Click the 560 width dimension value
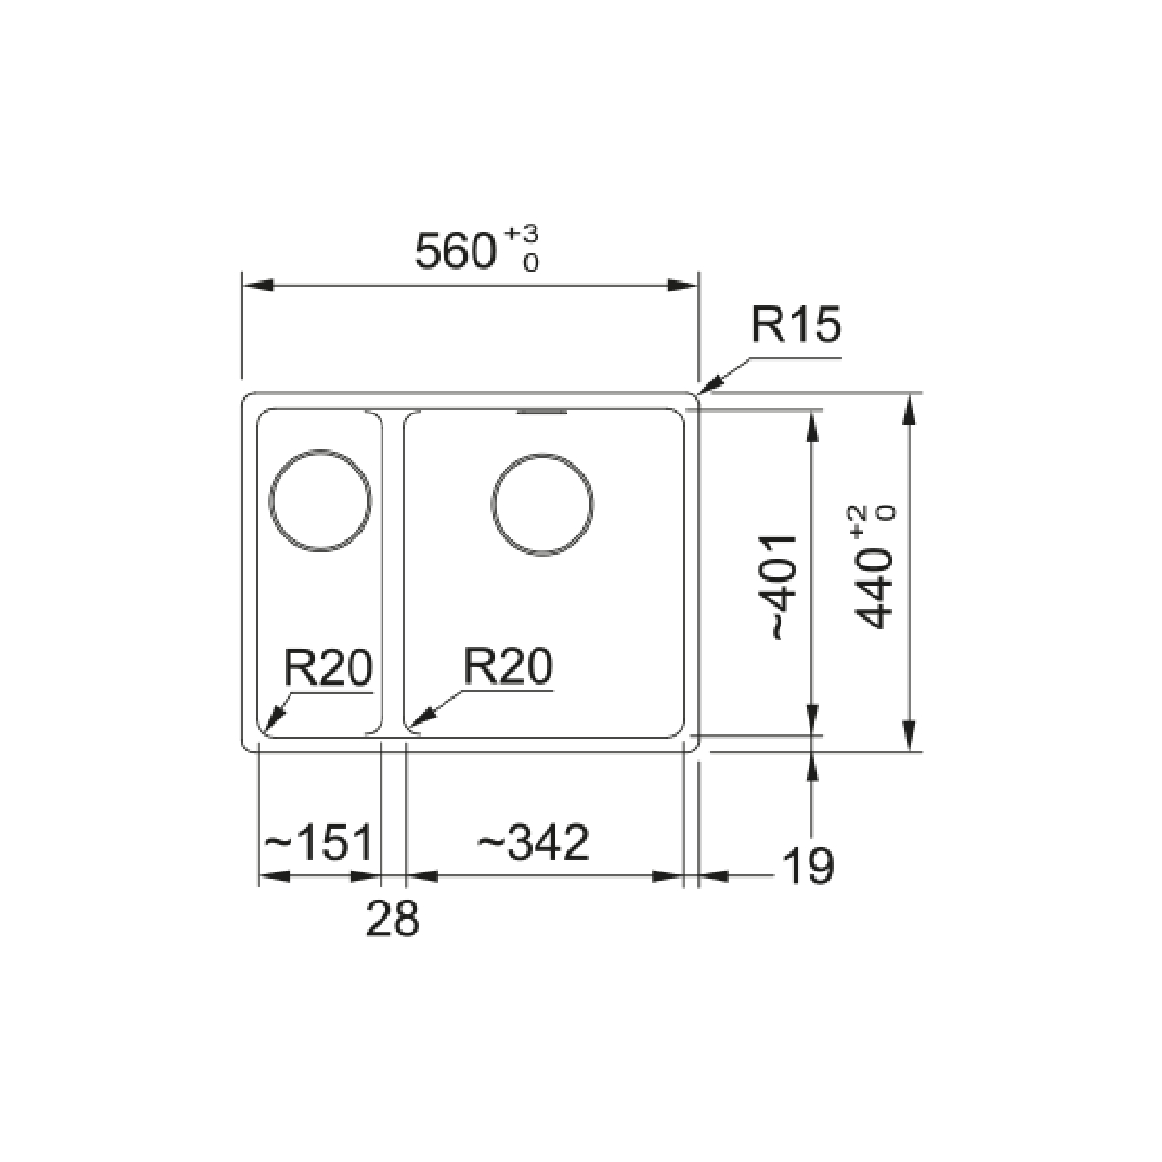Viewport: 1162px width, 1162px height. click(x=456, y=252)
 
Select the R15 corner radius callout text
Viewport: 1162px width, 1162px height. click(x=795, y=324)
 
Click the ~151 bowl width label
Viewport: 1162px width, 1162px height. click(x=319, y=841)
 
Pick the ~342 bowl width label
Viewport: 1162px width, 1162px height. click(x=533, y=841)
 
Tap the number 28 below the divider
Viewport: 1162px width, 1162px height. click(x=392, y=917)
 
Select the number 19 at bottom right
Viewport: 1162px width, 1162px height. click(x=808, y=866)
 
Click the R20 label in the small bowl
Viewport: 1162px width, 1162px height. click(x=328, y=667)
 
